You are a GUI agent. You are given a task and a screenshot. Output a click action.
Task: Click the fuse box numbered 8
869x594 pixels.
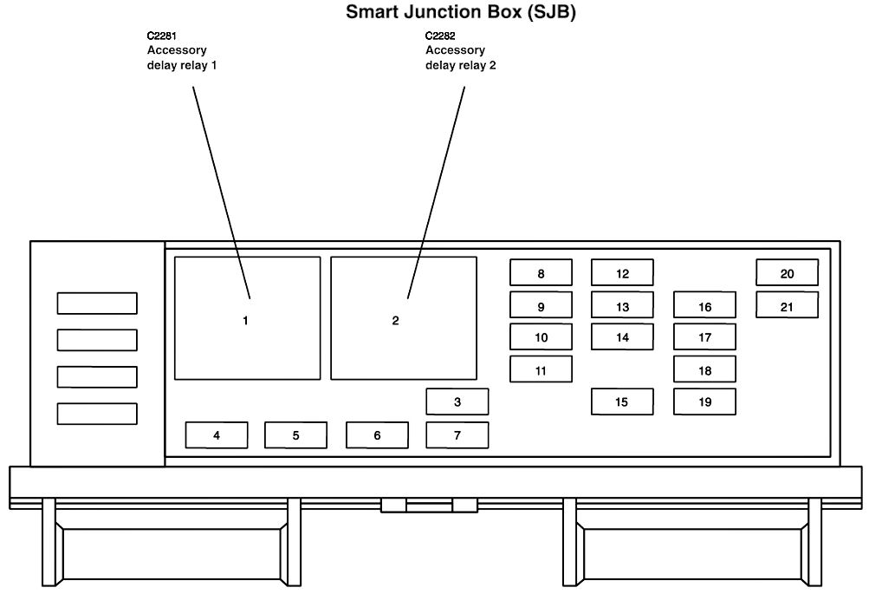(x=541, y=273)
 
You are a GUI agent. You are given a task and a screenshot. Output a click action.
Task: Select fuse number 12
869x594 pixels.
(x=622, y=273)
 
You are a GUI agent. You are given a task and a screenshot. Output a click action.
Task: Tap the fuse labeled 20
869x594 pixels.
(x=787, y=273)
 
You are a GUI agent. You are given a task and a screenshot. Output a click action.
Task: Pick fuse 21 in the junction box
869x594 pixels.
(x=787, y=305)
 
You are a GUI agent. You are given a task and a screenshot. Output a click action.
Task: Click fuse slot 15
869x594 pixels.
(x=622, y=401)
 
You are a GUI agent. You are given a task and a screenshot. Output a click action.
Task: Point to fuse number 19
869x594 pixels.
(x=704, y=401)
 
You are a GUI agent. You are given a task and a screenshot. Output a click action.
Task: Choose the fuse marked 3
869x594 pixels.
(x=457, y=401)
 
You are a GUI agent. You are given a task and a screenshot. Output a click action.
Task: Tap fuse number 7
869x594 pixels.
(x=457, y=434)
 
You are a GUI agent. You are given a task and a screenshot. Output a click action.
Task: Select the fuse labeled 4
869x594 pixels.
(x=217, y=434)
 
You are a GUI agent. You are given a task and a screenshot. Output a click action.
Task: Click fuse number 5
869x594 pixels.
(x=295, y=434)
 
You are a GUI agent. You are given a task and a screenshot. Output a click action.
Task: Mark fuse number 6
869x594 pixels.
(x=377, y=434)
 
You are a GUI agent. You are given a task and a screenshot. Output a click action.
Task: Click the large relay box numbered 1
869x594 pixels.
(x=247, y=318)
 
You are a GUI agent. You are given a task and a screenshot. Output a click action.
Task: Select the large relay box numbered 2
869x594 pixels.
(x=404, y=318)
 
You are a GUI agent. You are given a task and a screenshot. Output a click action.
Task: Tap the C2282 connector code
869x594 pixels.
(x=440, y=36)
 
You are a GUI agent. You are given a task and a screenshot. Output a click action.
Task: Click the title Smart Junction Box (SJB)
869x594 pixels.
(x=461, y=12)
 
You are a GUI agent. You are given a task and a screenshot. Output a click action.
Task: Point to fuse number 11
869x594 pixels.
(x=541, y=369)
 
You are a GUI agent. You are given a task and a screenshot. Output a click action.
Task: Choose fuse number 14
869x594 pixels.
(x=622, y=337)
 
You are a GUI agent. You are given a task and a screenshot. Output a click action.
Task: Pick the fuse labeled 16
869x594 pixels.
(x=704, y=305)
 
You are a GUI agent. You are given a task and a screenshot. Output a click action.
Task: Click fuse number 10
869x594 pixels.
(x=541, y=337)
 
